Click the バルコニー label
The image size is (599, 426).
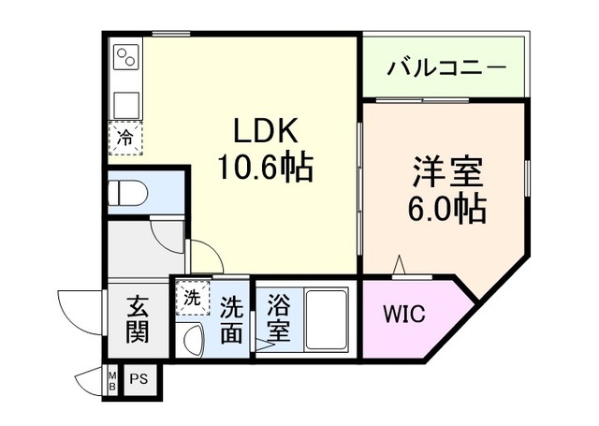pos(446,68)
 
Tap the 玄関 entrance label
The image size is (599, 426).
pos(138,318)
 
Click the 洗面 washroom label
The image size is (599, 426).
pos(232,318)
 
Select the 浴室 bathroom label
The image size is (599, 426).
pos(279,318)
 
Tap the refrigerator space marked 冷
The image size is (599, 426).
pos(124,139)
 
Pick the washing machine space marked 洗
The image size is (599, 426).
pos(191,300)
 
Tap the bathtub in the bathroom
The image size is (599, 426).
pos(327,317)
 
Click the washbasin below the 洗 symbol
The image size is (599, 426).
pos(193,338)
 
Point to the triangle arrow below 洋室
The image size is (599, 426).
pos(400,267)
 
